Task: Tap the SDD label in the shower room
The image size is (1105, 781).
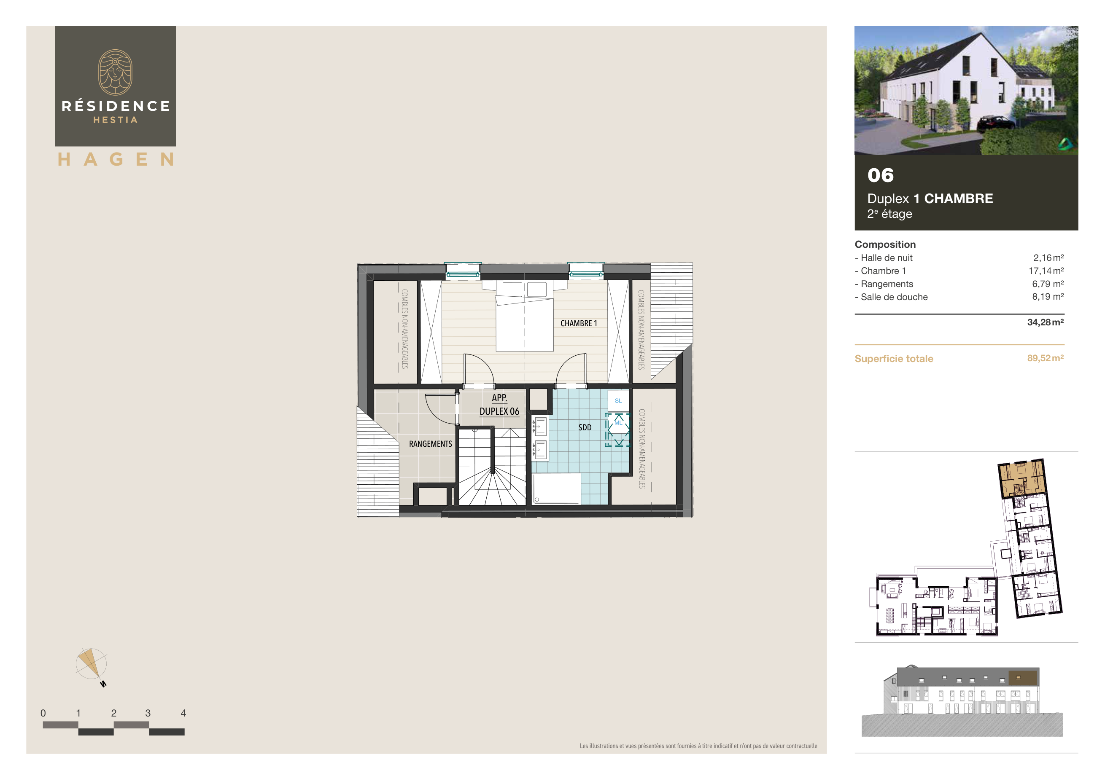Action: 585,427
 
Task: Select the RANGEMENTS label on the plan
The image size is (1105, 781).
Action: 430,444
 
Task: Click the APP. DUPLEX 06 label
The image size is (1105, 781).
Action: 499,405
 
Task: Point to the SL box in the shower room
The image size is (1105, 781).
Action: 618,400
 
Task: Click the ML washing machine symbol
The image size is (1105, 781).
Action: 618,429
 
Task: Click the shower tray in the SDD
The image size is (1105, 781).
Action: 556,488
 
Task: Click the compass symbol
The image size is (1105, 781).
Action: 91,664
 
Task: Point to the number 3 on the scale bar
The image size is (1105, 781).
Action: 148,713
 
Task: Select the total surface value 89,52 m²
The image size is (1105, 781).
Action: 1045,358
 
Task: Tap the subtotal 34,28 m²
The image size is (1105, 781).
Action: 1045,322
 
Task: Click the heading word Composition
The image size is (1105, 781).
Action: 884,244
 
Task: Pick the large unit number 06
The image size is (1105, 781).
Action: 880,175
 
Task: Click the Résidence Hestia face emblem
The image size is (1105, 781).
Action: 116,72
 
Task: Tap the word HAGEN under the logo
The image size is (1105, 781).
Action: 116,159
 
